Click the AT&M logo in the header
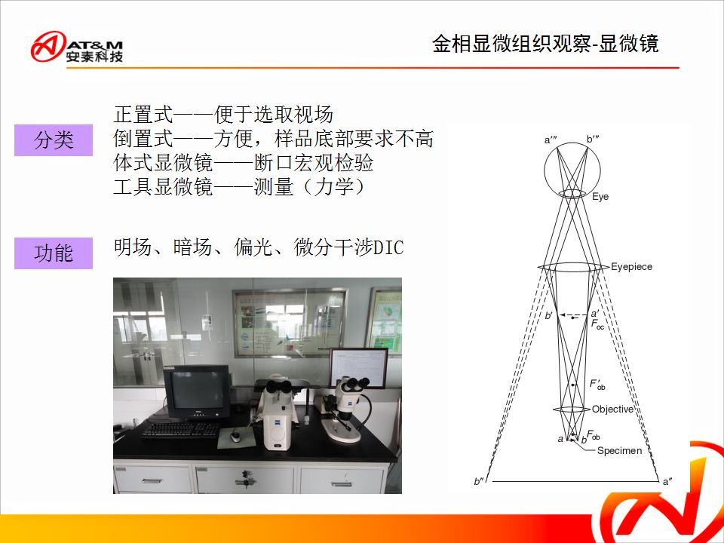click(x=77, y=47)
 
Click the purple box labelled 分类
click(x=54, y=140)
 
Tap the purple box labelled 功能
click(x=54, y=253)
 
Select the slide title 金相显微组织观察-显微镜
click(x=545, y=44)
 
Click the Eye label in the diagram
click(x=600, y=197)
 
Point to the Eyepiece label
click(x=631, y=266)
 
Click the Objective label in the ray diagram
click(x=612, y=409)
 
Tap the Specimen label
click(x=619, y=451)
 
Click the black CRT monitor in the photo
click(x=197, y=391)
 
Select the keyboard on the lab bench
click(x=180, y=431)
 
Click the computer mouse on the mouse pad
click(x=236, y=435)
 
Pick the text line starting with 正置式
click(x=223, y=114)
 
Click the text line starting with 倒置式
click(x=273, y=139)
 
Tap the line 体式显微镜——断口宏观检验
click(x=244, y=163)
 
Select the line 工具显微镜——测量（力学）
click(x=241, y=186)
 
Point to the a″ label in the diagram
click(x=667, y=482)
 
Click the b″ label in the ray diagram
click(x=479, y=481)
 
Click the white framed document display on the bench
click(x=358, y=368)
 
